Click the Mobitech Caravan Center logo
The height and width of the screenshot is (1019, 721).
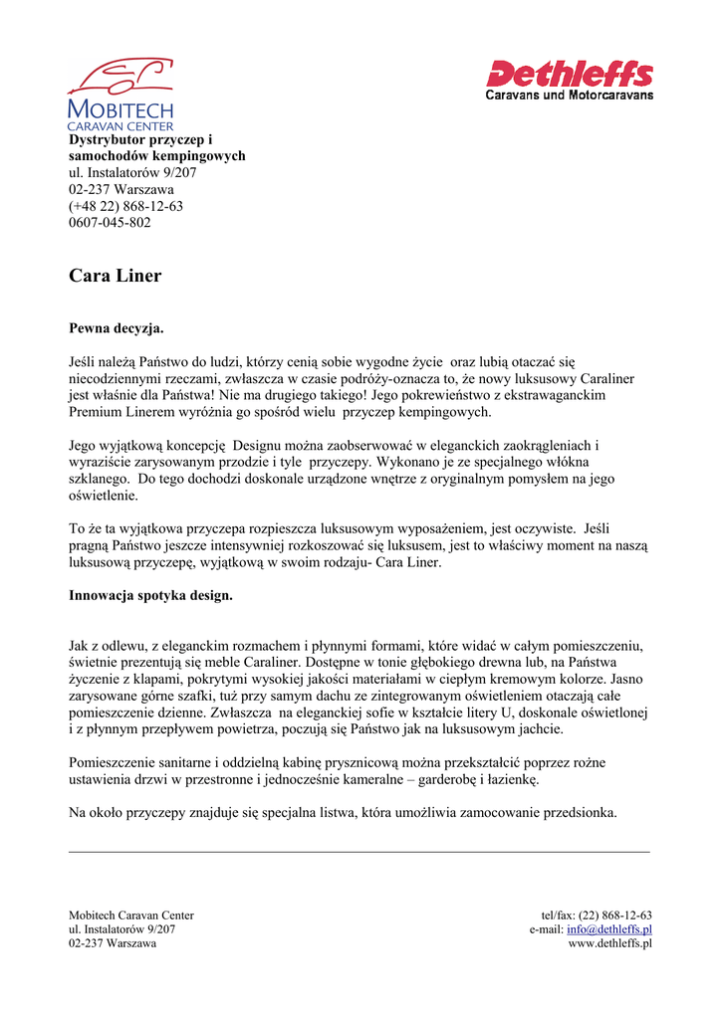coord(120,94)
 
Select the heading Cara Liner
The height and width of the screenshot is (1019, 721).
coord(115,276)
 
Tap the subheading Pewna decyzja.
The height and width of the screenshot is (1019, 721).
coord(116,327)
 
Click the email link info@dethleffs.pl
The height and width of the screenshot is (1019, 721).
coord(609,929)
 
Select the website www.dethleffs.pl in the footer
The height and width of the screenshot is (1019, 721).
coord(609,943)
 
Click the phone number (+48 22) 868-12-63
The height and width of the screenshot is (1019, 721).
coord(125,206)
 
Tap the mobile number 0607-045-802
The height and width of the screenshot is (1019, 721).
coord(110,222)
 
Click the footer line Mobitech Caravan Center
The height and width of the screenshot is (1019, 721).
coord(130,916)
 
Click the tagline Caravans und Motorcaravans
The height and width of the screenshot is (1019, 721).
coord(569,96)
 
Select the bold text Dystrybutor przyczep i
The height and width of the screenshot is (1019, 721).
coord(140,140)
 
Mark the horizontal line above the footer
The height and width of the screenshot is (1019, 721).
coord(359,852)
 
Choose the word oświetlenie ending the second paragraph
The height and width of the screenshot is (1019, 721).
coord(104,495)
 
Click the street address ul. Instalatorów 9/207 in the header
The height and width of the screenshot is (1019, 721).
coord(132,173)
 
